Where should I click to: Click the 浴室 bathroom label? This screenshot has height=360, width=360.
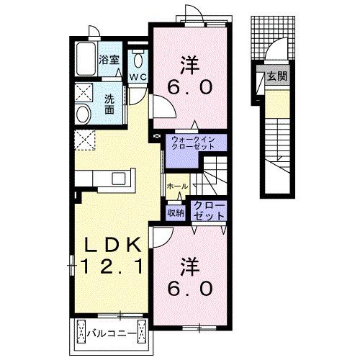tap(109, 60)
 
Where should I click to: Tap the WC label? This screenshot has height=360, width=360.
tap(138, 77)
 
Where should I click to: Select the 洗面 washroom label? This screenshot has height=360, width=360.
tap(109, 104)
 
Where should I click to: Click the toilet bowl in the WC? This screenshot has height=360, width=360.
tap(138, 60)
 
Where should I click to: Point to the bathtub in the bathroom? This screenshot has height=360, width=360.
tap(86, 59)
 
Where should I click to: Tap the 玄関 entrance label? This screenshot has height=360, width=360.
tap(277, 76)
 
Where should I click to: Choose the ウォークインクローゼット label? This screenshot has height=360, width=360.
tap(193, 143)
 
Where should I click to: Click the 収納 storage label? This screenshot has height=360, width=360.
tap(176, 212)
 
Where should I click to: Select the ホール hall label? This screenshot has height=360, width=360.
tap(177, 186)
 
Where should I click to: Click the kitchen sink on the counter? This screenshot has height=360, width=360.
tap(118, 179)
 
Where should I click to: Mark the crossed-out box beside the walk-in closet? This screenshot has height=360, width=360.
tap(157, 136)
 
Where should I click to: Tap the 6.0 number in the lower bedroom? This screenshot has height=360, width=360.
tap(190, 288)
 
